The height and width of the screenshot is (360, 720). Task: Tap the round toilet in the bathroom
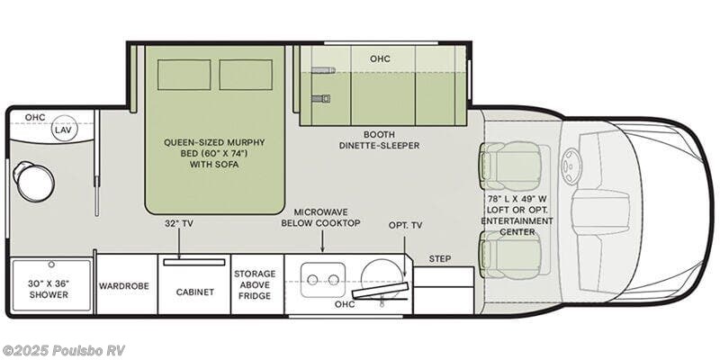[33, 183]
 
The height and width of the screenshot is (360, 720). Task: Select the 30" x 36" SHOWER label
[50, 287]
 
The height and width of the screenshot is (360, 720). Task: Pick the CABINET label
[194, 292]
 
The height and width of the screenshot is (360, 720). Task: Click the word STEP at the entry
[440, 258]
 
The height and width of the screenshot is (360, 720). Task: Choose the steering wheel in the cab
[572, 164]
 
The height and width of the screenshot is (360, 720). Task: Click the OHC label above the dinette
[380, 58]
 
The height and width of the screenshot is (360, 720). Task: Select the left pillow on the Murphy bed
[184, 76]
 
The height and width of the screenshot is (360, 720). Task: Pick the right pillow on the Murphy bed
[246, 76]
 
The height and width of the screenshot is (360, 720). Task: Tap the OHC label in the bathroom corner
[35, 117]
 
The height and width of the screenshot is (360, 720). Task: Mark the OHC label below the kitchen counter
[345, 303]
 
